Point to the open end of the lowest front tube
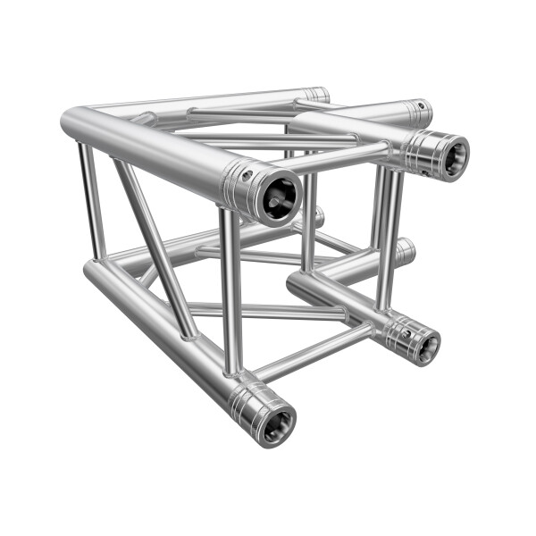click(x=272, y=422)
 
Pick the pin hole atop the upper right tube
click(x=416, y=107)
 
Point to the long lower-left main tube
click(x=161, y=330)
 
